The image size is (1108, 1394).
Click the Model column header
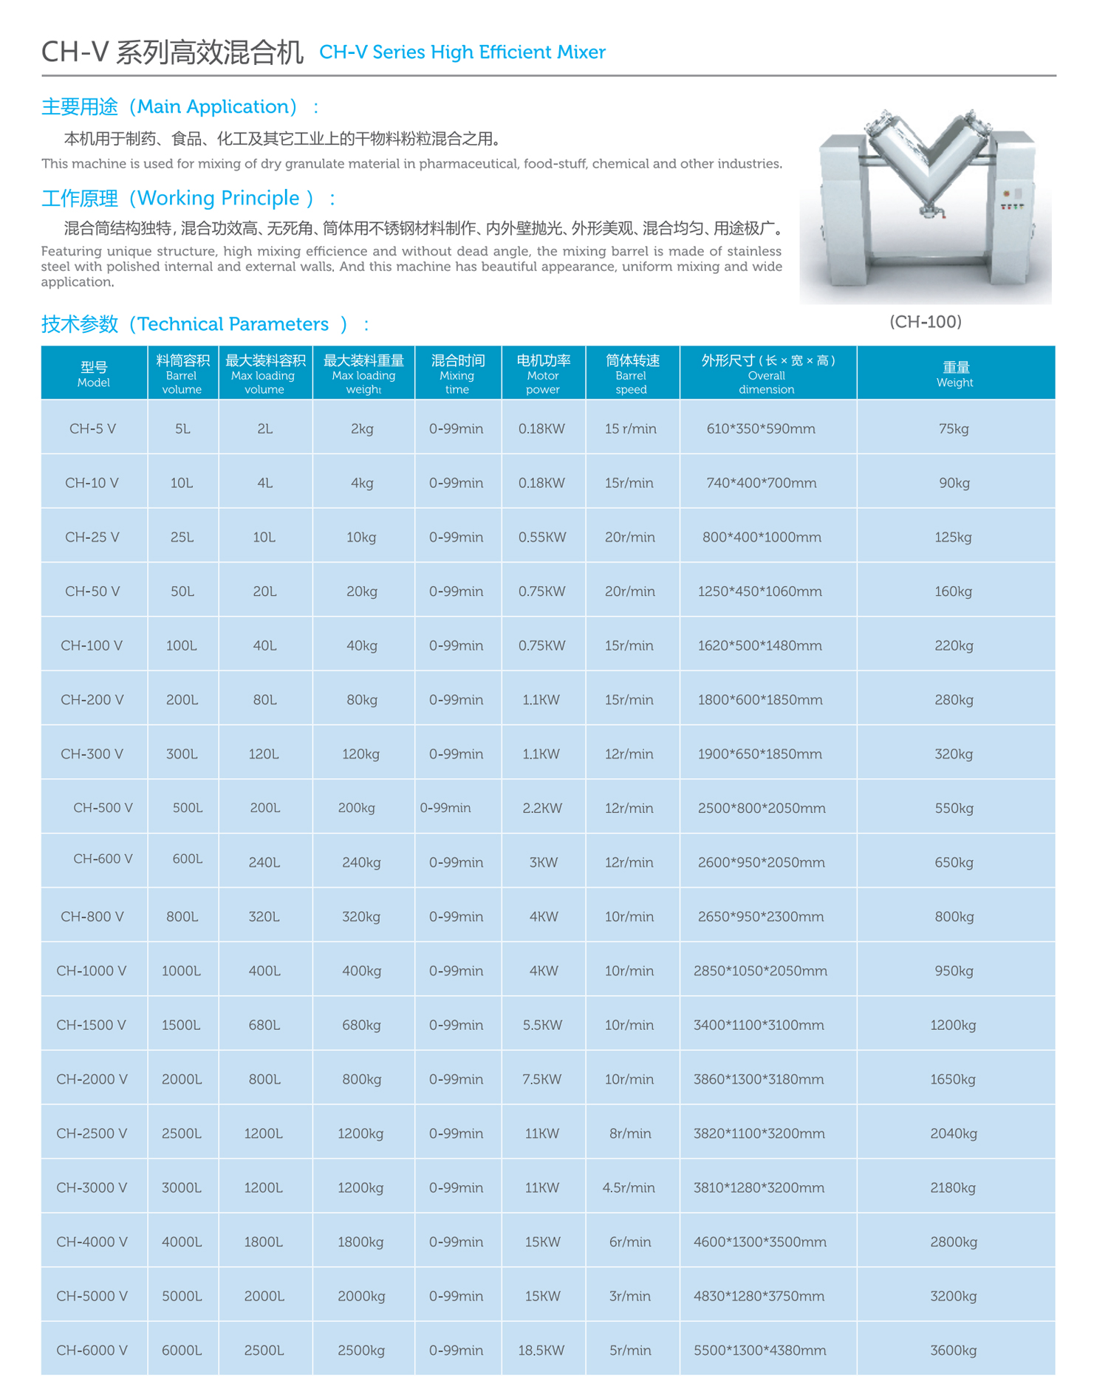[x=94, y=374]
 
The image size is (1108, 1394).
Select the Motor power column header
[x=543, y=374]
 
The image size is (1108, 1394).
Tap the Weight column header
[x=955, y=374]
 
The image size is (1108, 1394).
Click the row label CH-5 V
[x=93, y=429]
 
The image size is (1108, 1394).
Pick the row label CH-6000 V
[x=92, y=1350]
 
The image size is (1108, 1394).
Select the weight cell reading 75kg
[x=954, y=429]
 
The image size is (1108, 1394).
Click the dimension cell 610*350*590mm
[x=761, y=429]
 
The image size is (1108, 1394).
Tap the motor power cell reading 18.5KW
[x=541, y=1350]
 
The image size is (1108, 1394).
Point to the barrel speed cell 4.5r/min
[x=629, y=1188]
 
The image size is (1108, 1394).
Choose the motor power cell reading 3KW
[x=544, y=862]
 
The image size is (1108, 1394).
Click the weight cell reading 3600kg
[x=954, y=1350]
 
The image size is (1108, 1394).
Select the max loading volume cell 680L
[x=264, y=1026]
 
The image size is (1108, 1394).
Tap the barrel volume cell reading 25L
[x=182, y=538]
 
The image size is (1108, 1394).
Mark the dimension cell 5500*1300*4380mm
[x=760, y=1350]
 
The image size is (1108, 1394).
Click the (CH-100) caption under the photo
[x=926, y=322]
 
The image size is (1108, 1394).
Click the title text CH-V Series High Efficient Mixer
[x=462, y=52]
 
